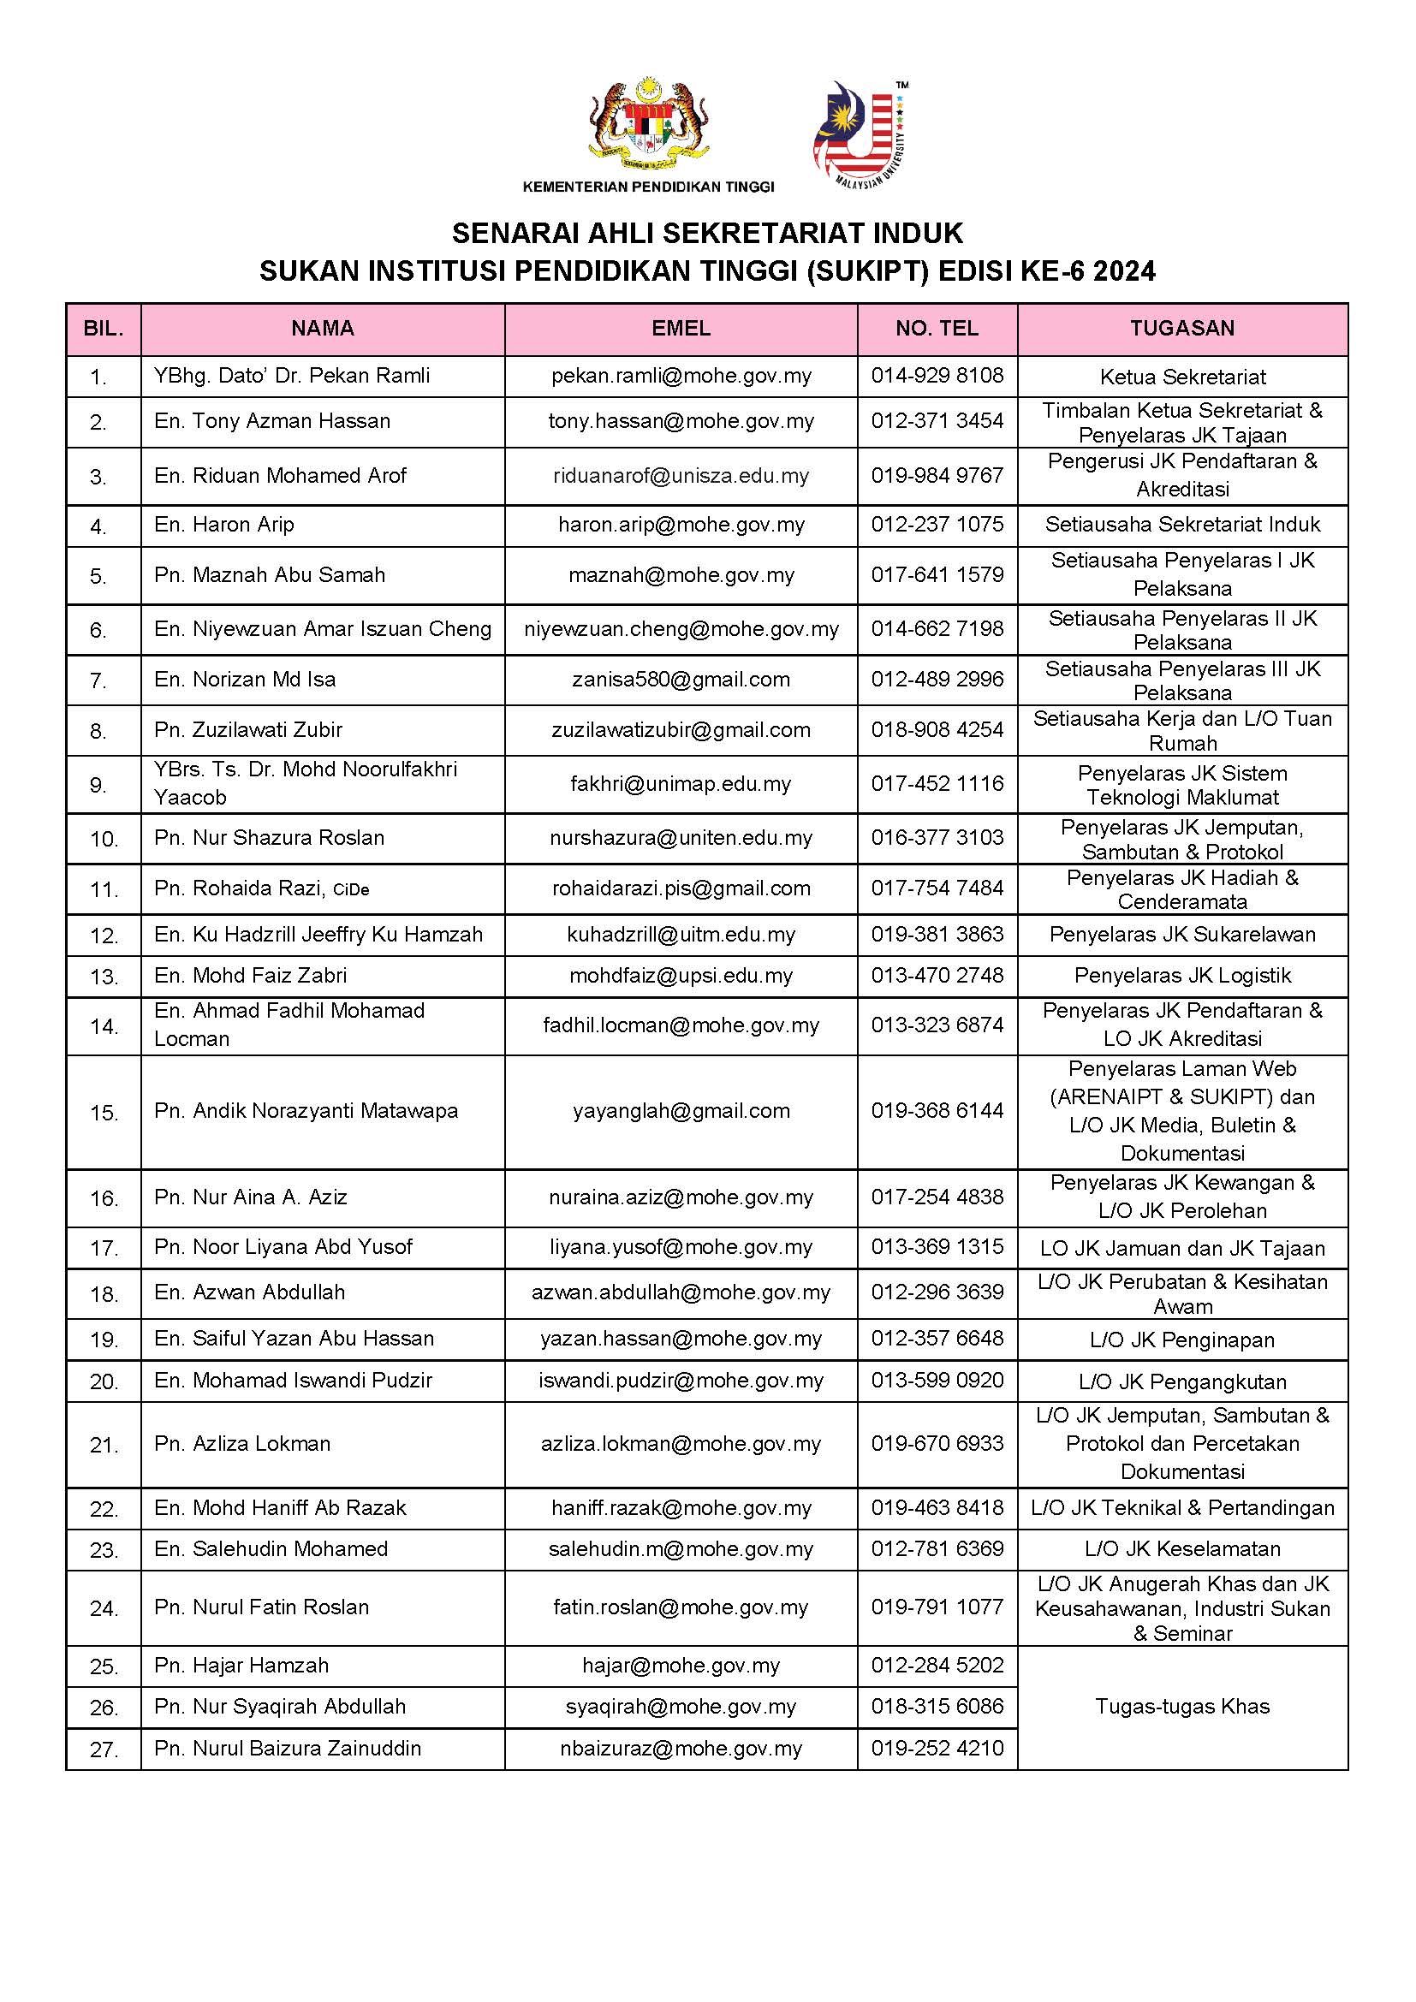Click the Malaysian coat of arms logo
(648, 124)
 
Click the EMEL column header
(681, 329)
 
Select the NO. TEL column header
(937, 329)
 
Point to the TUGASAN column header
(1181, 329)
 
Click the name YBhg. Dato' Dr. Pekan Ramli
(292, 376)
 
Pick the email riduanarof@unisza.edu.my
(681, 476)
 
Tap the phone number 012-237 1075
(937, 525)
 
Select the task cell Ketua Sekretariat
(1182, 377)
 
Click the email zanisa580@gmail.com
(681, 680)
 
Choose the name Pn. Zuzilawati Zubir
(248, 730)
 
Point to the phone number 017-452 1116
(937, 784)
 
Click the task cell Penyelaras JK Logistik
(1182, 976)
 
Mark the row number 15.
(103, 1114)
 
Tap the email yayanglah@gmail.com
(681, 1112)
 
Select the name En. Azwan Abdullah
(249, 1292)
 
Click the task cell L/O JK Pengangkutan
(1182, 1382)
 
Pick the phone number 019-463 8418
(937, 1508)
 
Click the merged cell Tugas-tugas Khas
(1182, 1707)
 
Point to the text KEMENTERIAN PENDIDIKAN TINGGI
(648, 187)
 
